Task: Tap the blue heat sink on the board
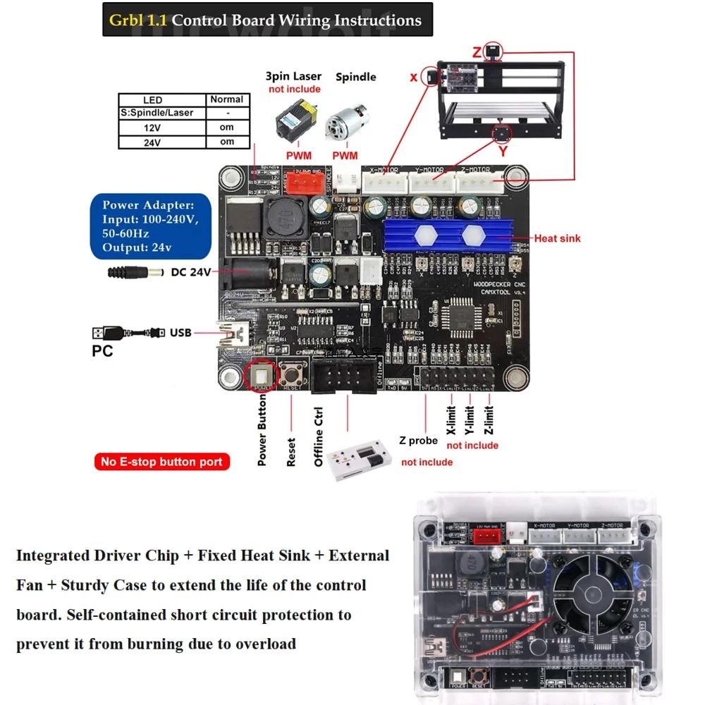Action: (x=447, y=234)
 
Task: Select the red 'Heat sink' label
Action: (x=557, y=238)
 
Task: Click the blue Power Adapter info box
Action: (x=149, y=226)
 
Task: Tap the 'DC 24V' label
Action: (x=190, y=271)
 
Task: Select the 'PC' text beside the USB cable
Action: (x=102, y=350)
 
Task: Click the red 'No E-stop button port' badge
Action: (x=161, y=462)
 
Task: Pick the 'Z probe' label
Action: (x=418, y=441)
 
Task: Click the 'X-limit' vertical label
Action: (x=452, y=419)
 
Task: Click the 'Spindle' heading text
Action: (x=355, y=77)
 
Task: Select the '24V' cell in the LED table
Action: (x=152, y=142)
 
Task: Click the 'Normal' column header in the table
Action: (x=227, y=99)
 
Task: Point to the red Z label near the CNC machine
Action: (x=477, y=52)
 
